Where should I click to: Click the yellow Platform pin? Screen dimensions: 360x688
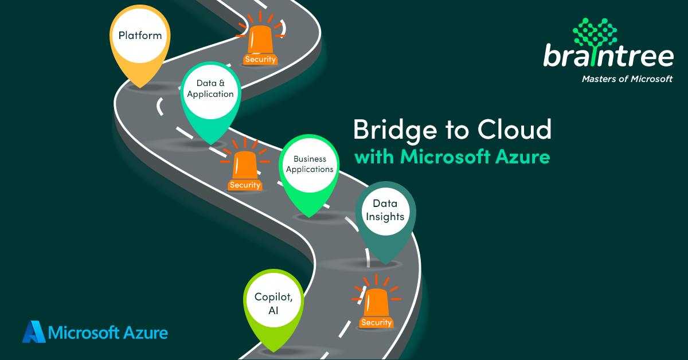[x=140, y=36]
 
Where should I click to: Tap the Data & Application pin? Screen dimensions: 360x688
[x=210, y=89]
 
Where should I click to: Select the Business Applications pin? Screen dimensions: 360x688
[x=310, y=164]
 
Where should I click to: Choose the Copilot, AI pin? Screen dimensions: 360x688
[x=273, y=303]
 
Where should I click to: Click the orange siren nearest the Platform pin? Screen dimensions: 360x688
[x=260, y=40]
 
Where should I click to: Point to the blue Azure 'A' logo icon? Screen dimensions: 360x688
[x=33, y=332]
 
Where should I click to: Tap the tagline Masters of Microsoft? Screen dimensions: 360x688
[x=627, y=79]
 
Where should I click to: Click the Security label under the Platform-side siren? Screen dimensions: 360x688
[x=260, y=59]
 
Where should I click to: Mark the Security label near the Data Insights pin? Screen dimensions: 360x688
[x=376, y=323]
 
